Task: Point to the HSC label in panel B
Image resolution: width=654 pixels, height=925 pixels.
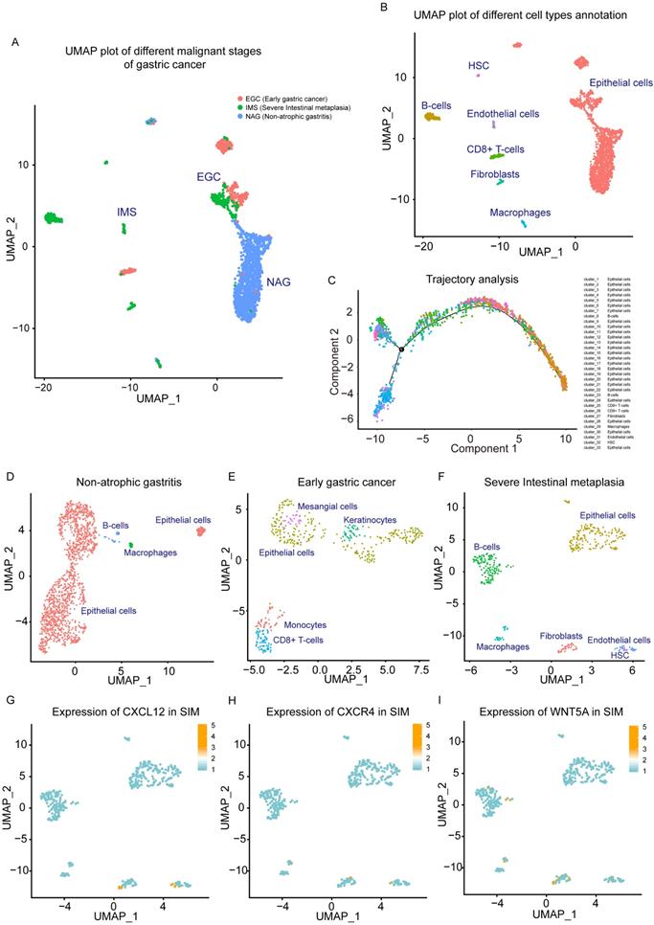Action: coord(478,65)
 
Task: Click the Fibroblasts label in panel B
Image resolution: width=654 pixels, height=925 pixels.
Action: coord(496,174)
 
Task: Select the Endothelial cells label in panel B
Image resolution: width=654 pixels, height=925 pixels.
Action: coord(503,114)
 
